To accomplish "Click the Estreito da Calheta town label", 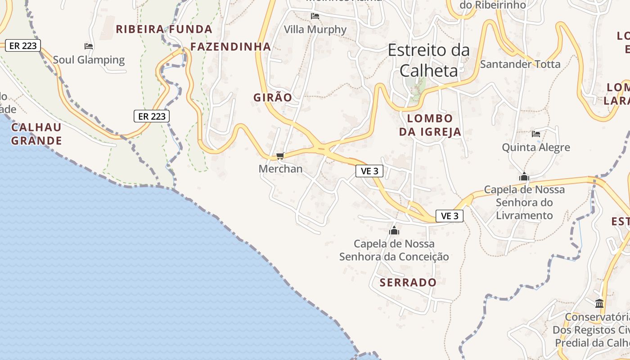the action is pos(428,60).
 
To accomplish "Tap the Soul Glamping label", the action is pos(89,60).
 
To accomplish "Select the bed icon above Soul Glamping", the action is pos(89,46).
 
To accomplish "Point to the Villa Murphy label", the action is pos(315,30).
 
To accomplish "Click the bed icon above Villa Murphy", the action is pos(315,16).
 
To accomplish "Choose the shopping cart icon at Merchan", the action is pos(280,156).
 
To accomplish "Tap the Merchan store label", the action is pos(280,169).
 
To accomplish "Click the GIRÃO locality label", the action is pos(273,97).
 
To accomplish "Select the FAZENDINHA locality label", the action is pos(230,46).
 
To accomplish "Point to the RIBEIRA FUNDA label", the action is pos(164,29).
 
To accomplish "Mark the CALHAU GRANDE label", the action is pos(36,134).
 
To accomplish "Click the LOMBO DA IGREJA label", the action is pos(430,125).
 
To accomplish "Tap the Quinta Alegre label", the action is pos(535,147).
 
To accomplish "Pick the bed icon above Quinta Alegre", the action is pos(535,134).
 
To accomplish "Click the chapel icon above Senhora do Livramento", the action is pos(524,177).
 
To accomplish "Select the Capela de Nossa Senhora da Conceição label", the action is pos(394,250).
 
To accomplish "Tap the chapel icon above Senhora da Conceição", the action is pos(394,231).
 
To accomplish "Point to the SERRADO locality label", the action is pos(408,283).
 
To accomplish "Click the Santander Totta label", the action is pos(520,64).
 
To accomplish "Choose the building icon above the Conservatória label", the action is pos(599,303).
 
